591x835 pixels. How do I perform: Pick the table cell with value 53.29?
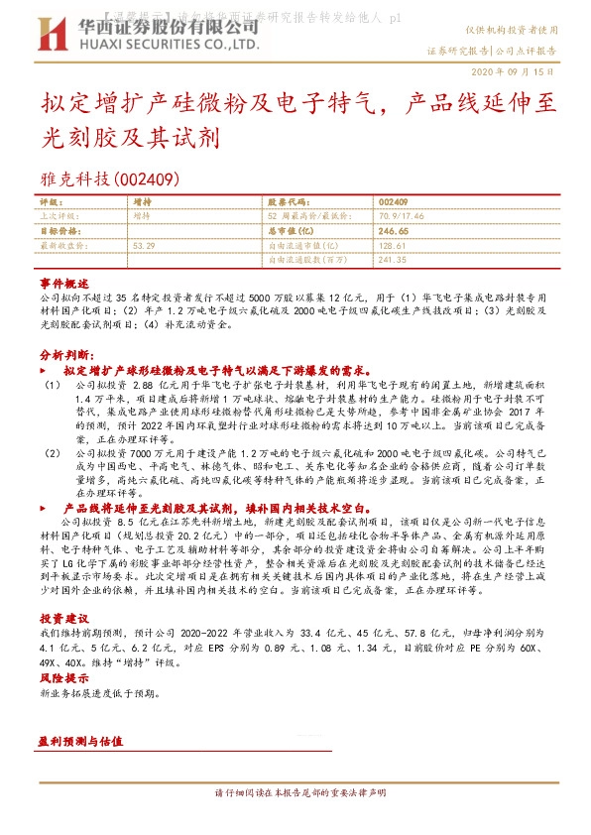[x=144, y=244]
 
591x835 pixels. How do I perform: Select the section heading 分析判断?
[x=67, y=354]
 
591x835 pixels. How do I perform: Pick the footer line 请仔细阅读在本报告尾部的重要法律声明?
[x=295, y=793]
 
